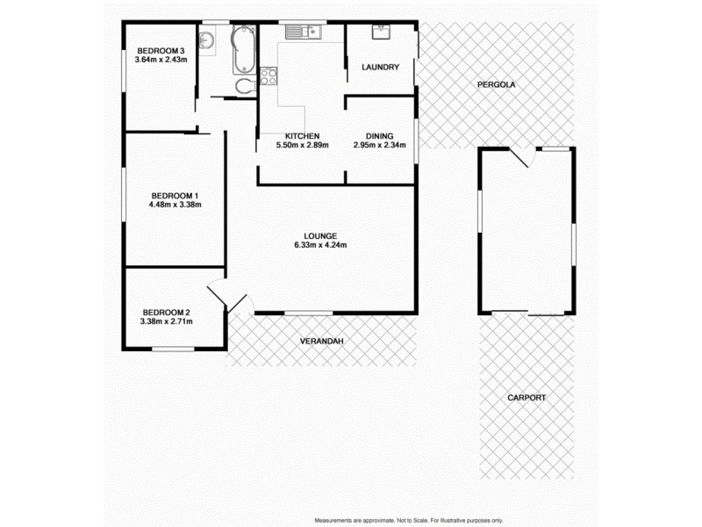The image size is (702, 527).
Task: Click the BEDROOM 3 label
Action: [160, 50]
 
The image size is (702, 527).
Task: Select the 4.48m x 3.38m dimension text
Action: [175, 206]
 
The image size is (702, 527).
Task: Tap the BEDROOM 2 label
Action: [166, 312]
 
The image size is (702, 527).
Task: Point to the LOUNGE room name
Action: [320, 235]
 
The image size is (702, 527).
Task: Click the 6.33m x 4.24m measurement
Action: [320, 245]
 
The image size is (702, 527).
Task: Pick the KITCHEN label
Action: [301, 135]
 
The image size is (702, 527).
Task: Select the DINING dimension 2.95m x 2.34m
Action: [379, 145]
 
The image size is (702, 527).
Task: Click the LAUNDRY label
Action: [381, 68]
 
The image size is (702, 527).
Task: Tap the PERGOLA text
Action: [496, 85]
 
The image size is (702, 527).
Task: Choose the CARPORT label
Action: [526, 398]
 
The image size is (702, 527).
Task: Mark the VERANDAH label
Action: [320, 341]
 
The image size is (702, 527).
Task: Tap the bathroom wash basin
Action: [207, 40]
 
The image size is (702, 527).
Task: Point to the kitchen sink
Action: [304, 32]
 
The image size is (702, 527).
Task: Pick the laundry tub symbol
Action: [382, 32]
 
